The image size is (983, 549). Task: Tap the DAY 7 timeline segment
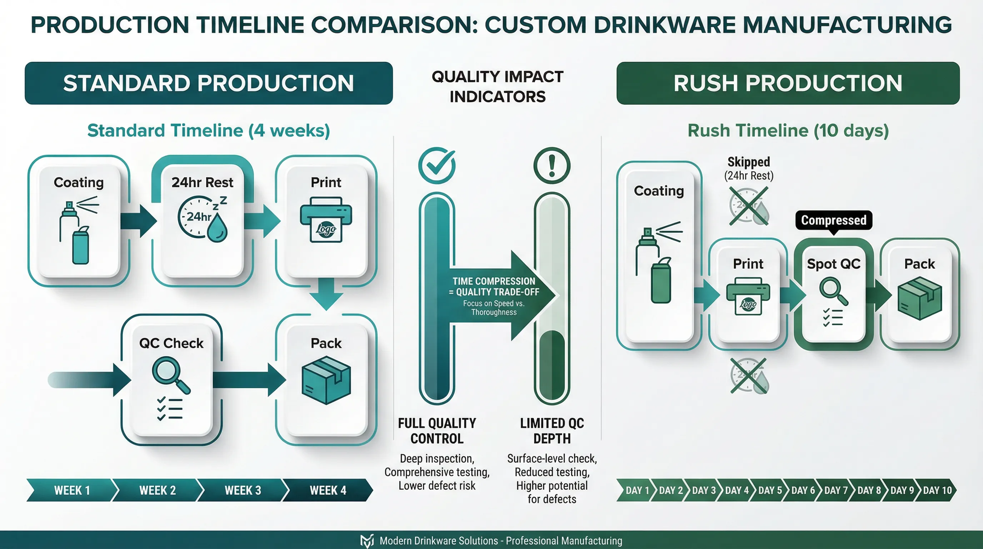(x=836, y=490)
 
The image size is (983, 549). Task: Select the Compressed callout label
(x=833, y=220)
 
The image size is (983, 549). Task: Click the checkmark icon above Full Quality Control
(x=437, y=165)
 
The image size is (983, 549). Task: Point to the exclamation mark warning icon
(x=552, y=165)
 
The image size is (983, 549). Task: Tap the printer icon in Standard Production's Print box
(x=326, y=219)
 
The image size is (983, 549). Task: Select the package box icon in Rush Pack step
(x=920, y=298)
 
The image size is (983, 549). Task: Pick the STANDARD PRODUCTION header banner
(x=209, y=83)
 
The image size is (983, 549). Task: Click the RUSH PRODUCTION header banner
(x=788, y=83)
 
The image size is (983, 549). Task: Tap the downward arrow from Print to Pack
(x=326, y=294)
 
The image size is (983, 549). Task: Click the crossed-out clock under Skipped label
(x=748, y=206)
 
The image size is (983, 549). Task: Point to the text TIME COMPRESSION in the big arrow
(x=494, y=281)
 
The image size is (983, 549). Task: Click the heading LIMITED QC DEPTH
(x=552, y=431)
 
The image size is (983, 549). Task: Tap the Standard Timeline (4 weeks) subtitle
(x=209, y=130)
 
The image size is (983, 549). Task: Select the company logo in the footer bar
(x=367, y=541)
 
